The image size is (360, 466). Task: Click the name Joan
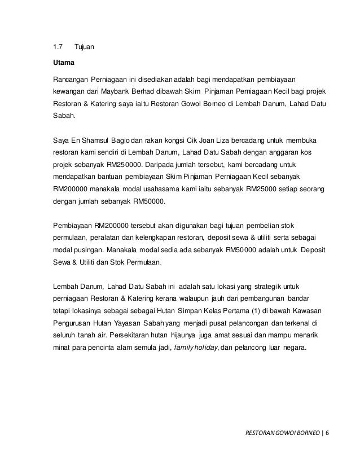(223, 139)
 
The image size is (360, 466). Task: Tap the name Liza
(242, 139)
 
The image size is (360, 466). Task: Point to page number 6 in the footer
(327, 435)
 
